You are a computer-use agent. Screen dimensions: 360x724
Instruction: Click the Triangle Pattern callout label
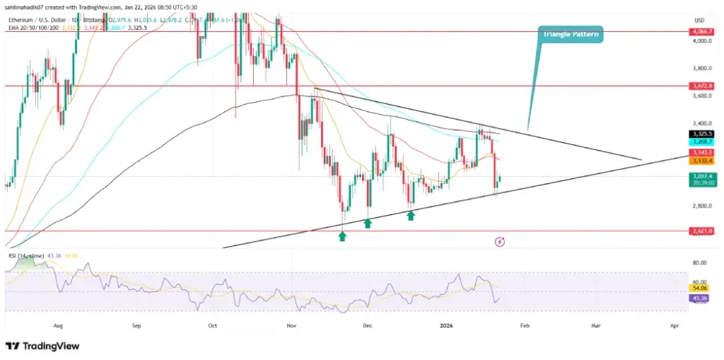(572, 33)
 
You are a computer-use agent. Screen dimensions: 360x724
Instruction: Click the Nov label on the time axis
(291, 326)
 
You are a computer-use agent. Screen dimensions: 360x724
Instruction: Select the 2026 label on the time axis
(445, 326)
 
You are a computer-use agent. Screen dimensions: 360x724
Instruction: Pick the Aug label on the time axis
(59, 326)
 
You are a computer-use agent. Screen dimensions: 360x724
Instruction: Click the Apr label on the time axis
(674, 326)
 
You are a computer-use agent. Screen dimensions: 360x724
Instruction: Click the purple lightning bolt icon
(500, 242)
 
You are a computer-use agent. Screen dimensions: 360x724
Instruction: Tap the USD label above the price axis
(699, 19)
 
